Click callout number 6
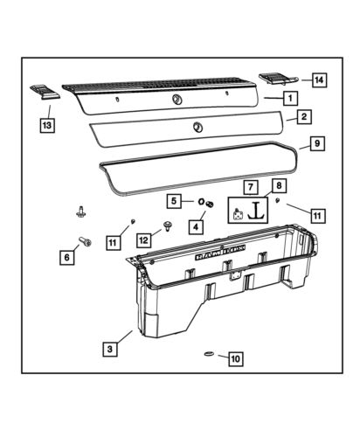point(64,257)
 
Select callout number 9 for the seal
point(316,142)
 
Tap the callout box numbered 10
point(233,357)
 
